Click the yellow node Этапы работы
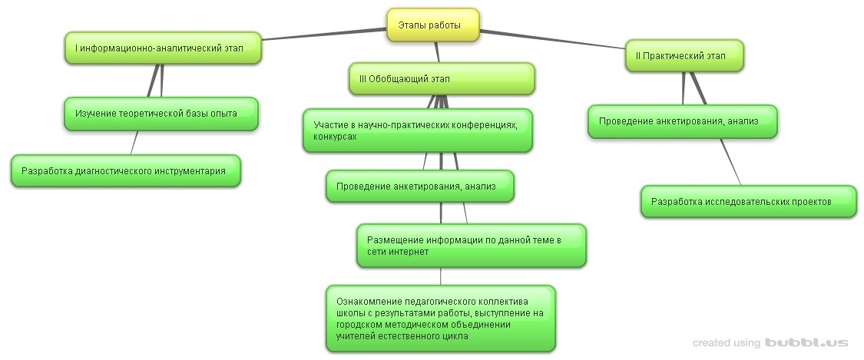point(432,25)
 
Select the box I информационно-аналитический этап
point(162,48)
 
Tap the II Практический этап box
point(684,55)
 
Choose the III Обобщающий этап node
point(442,78)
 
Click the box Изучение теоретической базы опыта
point(161,114)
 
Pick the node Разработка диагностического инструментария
point(125,171)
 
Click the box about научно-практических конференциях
point(418,130)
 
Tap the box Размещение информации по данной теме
point(471,246)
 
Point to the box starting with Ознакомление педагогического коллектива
point(440,319)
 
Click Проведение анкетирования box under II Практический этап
point(682,121)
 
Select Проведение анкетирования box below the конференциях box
point(419,187)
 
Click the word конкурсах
point(335,136)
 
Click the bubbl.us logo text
point(806,342)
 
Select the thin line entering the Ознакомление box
point(440,276)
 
